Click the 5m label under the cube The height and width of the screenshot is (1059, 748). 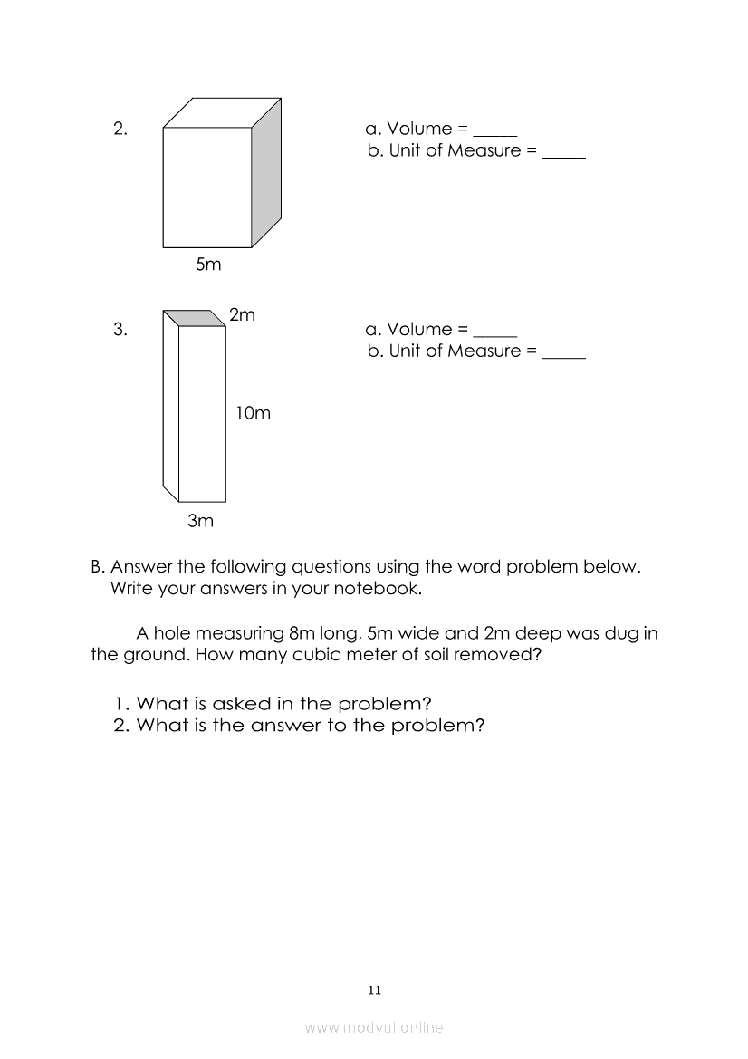click(x=208, y=265)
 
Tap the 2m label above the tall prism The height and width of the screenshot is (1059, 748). click(x=242, y=315)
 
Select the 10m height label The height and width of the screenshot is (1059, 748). click(x=253, y=413)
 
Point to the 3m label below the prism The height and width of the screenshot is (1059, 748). click(x=200, y=520)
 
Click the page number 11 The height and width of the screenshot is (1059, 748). click(x=375, y=990)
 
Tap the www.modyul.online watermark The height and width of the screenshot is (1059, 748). click(x=374, y=1027)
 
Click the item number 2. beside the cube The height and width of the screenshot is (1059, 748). click(x=120, y=129)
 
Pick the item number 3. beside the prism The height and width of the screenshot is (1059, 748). click(x=120, y=329)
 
